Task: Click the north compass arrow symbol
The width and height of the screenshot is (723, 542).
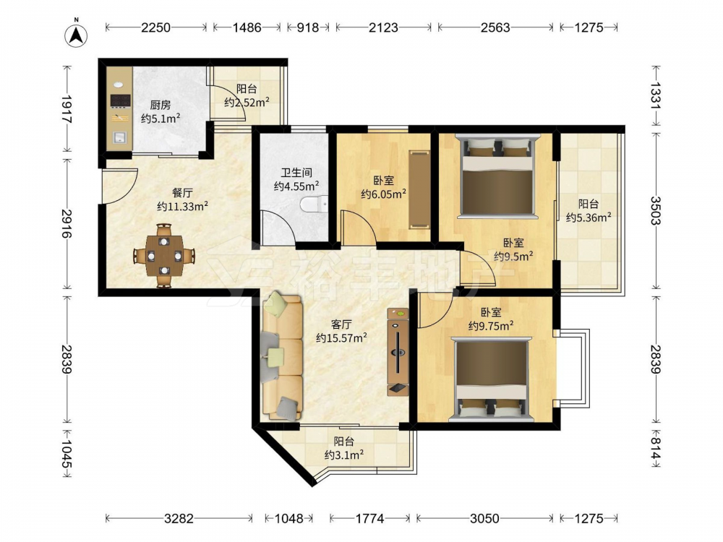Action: tap(77, 35)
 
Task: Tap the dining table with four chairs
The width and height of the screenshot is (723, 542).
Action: tap(164, 255)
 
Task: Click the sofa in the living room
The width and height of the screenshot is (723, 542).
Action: tap(282, 357)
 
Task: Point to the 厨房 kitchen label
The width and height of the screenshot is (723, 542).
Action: tap(161, 105)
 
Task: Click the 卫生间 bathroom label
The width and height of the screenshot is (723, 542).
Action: tap(296, 173)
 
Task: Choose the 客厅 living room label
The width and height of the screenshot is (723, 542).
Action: tap(341, 324)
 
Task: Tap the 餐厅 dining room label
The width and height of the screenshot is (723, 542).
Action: tap(182, 193)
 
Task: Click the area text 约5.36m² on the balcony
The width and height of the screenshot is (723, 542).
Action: tap(589, 217)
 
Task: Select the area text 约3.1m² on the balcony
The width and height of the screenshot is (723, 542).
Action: tap(344, 455)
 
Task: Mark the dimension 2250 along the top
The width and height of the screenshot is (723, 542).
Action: tap(156, 27)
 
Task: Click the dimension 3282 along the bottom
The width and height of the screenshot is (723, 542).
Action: tap(179, 519)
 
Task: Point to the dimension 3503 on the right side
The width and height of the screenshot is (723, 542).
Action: tap(656, 210)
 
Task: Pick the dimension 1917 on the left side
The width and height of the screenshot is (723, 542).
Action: tap(67, 109)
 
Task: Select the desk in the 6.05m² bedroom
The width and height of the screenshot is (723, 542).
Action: tap(419, 189)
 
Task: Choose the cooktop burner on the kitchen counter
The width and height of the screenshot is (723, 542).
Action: tap(120, 100)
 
